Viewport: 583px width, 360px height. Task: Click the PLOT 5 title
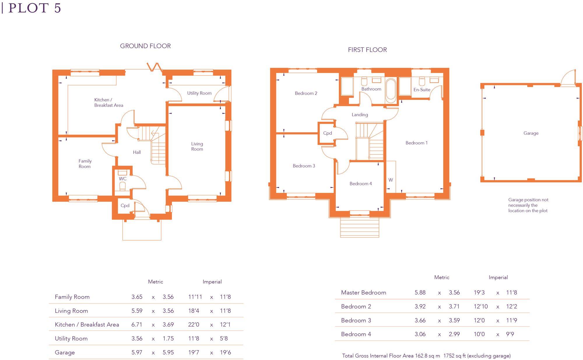[34, 8]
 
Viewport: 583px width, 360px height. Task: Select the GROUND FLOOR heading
[145, 46]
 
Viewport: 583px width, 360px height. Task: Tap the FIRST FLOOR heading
[367, 50]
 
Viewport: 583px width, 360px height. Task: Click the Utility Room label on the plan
[199, 93]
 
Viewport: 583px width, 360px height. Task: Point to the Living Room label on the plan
[197, 147]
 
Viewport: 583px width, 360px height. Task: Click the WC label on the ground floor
[123, 179]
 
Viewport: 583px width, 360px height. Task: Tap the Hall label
[137, 152]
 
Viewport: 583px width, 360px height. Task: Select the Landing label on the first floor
[360, 115]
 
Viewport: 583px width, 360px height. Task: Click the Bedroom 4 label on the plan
[361, 184]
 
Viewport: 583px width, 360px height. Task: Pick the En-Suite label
[422, 90]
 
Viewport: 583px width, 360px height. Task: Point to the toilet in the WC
[122, 186]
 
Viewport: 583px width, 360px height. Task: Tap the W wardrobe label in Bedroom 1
[391, 180]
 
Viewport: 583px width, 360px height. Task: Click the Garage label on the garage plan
[531, 133]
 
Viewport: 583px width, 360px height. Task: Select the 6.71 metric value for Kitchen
[137, 325]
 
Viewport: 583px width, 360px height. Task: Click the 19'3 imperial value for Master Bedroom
[479, 293]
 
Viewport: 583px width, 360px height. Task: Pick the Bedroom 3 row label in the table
[356, 321]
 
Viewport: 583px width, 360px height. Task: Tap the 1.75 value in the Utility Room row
[168, 339]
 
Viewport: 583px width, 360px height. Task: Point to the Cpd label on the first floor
[327, 133]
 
